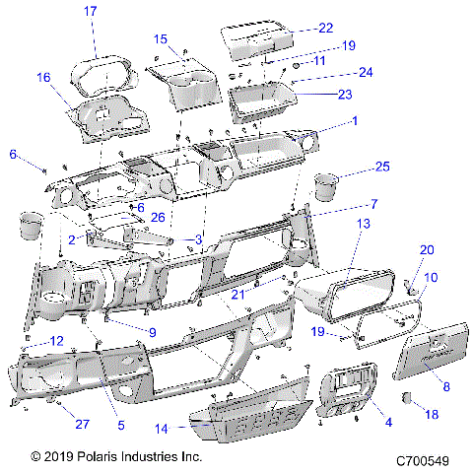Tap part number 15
click(x=160, y=38)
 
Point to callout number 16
click(x=43, y=77)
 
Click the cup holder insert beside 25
click(x=324, y=186)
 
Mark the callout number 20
click(x=426, y=249)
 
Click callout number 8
click(x=445, y=361)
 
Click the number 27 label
click(x=79, y=426)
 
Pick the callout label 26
click(x=157, y=218)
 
